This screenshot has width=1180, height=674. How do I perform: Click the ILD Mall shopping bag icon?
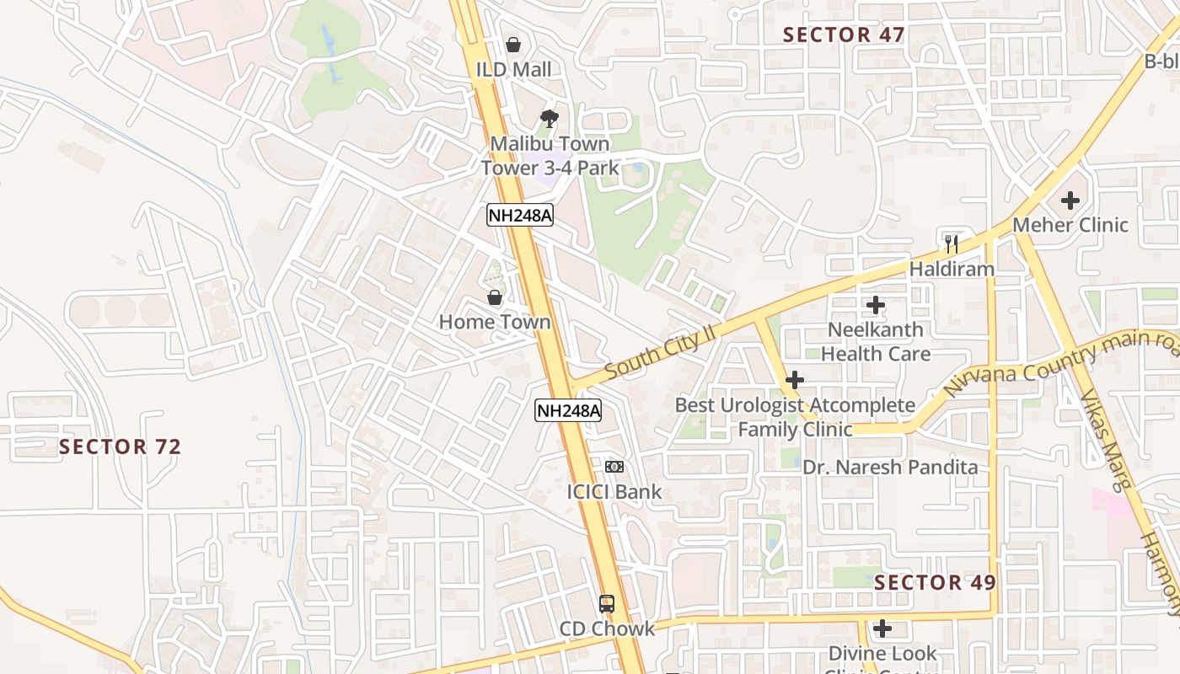[x=513, y=45]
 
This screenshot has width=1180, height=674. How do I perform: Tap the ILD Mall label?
[x=514, y=70]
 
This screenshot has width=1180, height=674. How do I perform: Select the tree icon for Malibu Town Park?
[x=550, y=119]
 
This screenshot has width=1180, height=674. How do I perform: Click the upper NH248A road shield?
[x=520, y=216]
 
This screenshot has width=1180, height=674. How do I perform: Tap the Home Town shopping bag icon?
[x=495, y=297]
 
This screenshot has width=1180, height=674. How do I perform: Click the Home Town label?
[x=495, y=322]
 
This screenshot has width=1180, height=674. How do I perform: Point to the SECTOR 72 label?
[x=121, y=447]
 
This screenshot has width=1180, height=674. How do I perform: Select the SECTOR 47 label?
[x=844, y=35]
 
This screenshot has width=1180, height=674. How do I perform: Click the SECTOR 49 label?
[x=935, y=582]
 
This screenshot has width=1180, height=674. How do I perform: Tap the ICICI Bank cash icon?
[x=614, y=467]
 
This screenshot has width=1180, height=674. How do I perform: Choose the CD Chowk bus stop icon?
[x=607, y=603]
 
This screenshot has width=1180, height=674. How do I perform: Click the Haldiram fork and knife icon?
[x=952, y=244]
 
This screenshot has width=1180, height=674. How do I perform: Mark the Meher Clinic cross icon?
[x=1070, y=201]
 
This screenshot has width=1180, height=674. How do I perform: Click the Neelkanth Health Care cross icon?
[x=876, y=305]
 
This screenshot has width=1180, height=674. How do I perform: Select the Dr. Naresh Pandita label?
[x=890, y=468]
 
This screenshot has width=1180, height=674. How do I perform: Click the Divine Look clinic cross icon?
[x=882, y=629]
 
